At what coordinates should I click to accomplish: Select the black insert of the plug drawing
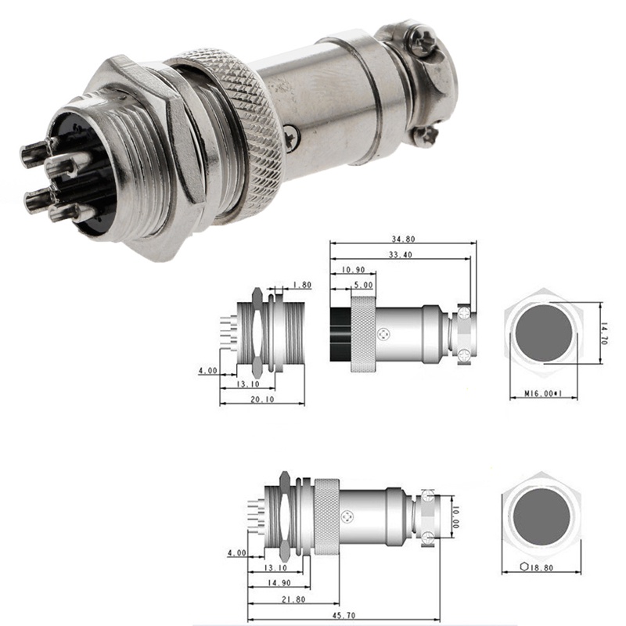tap(340, 333)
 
